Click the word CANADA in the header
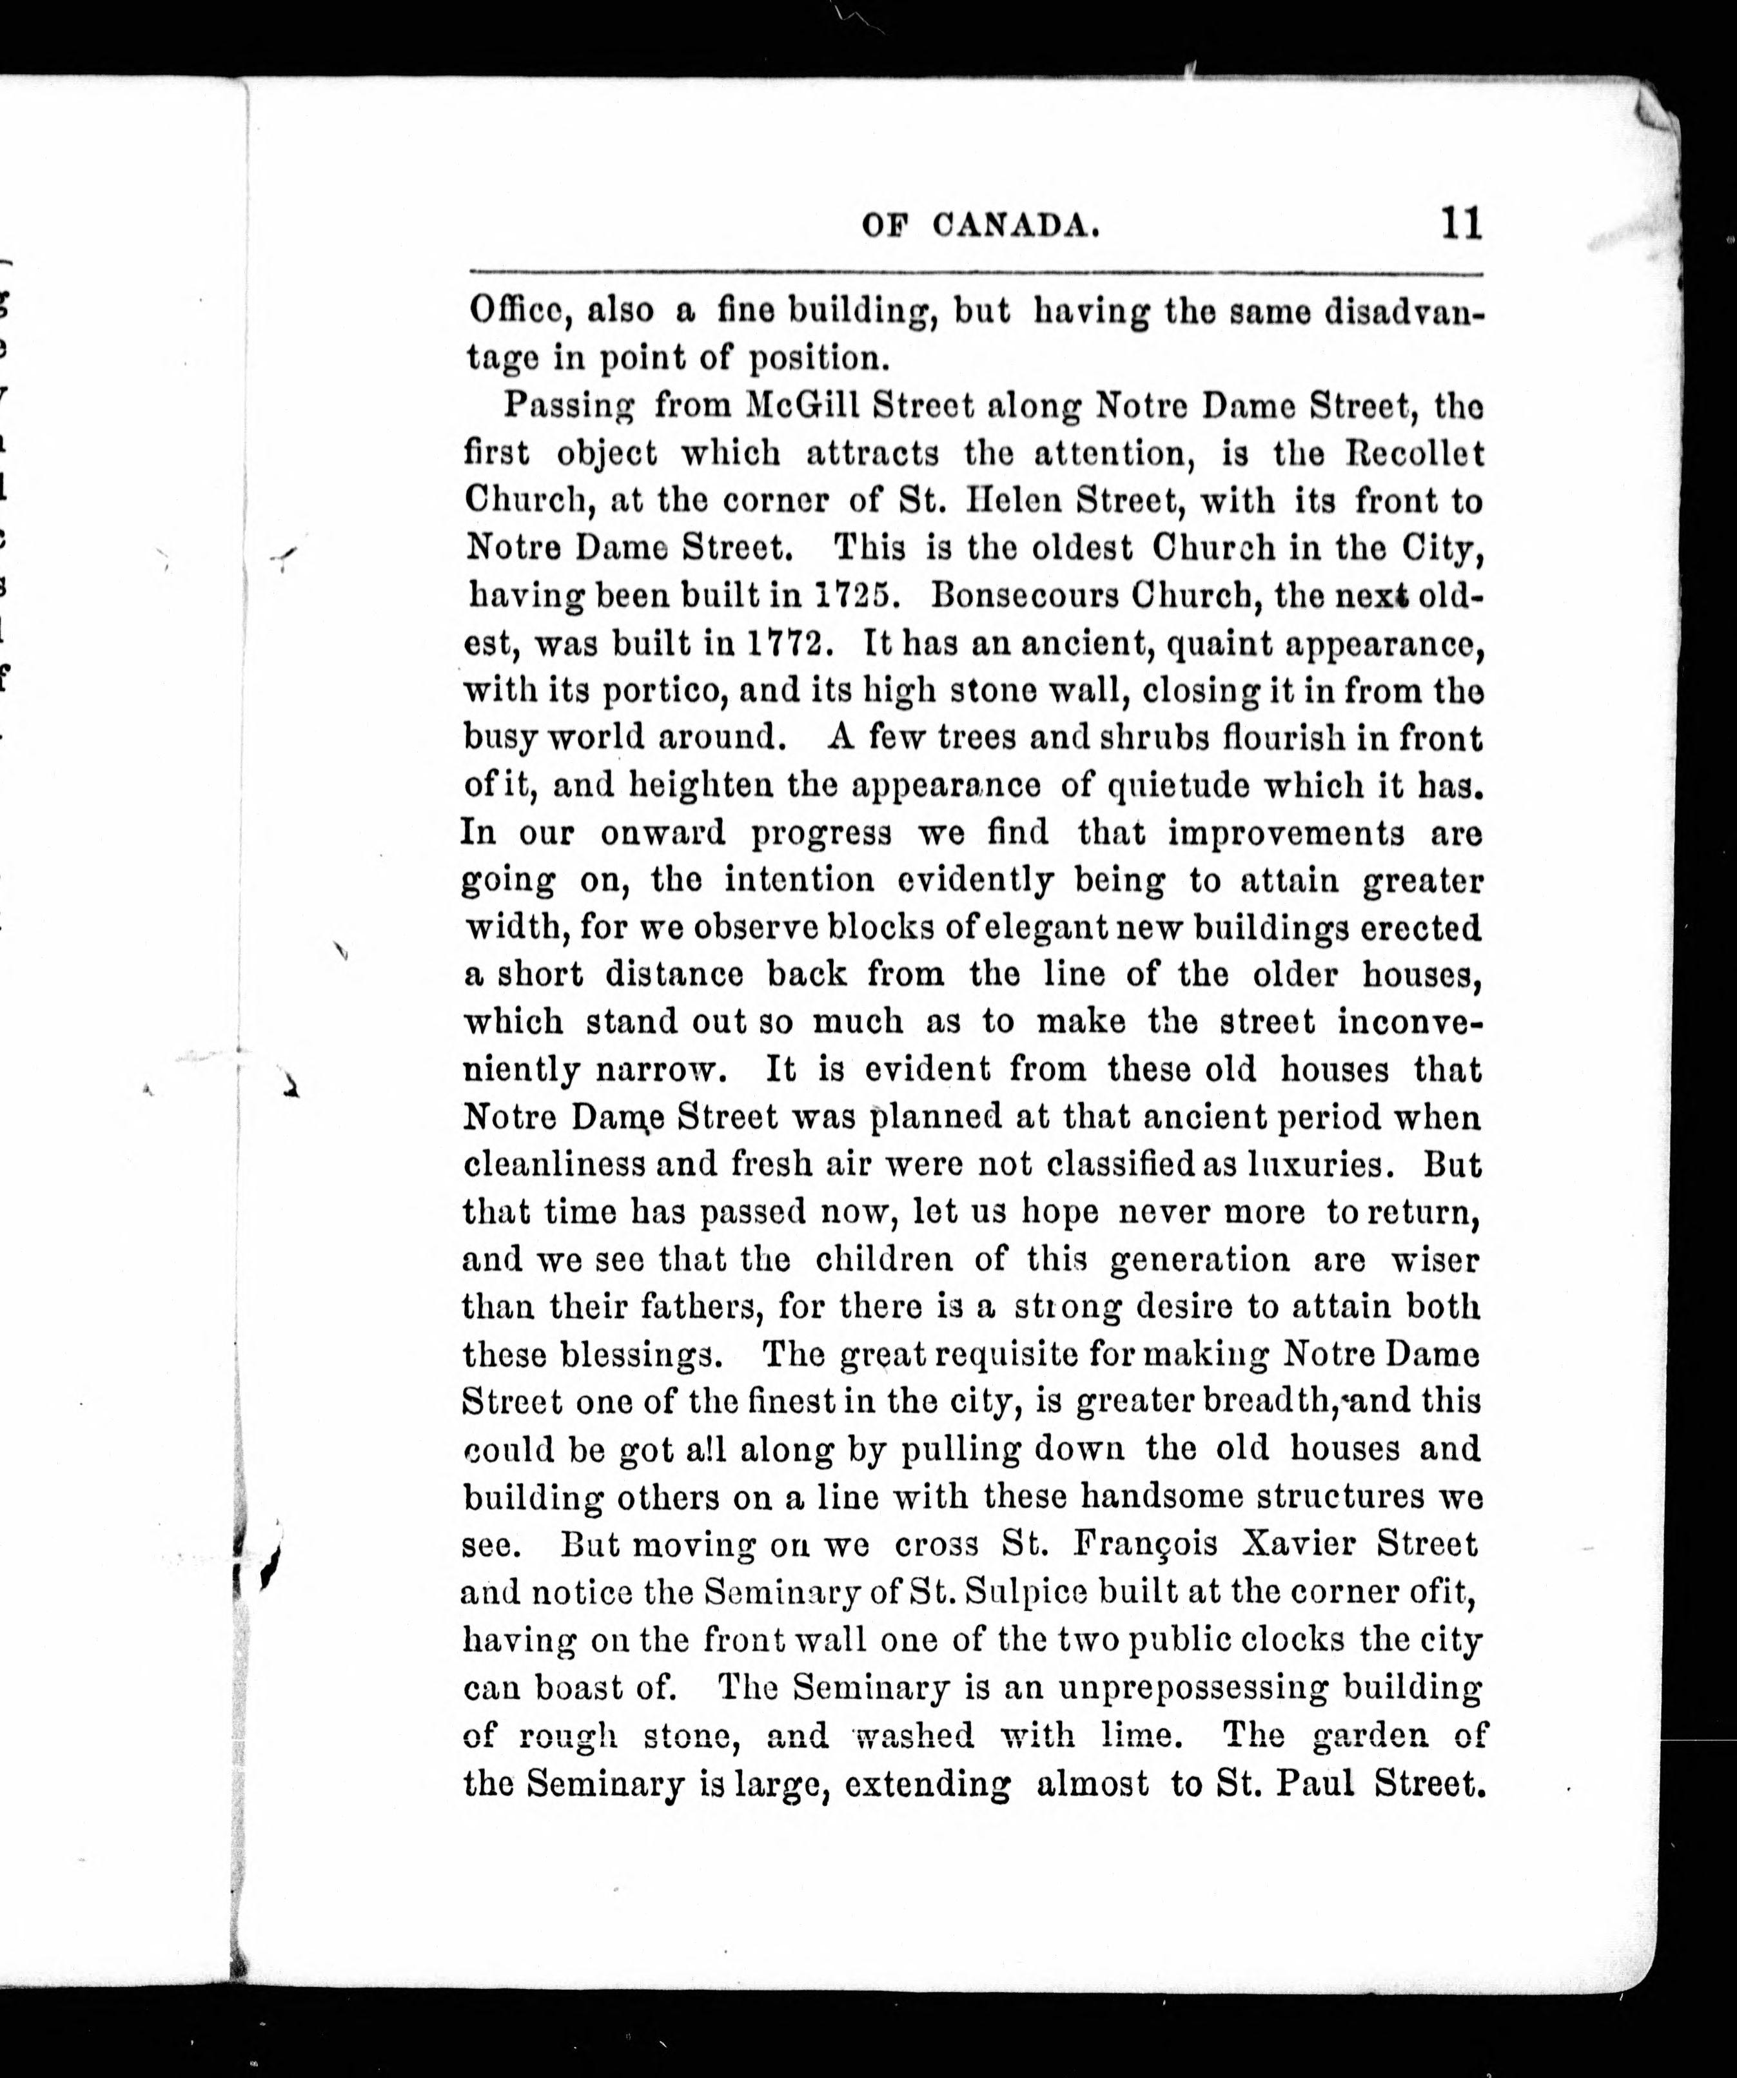click(x=1016, y=227)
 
